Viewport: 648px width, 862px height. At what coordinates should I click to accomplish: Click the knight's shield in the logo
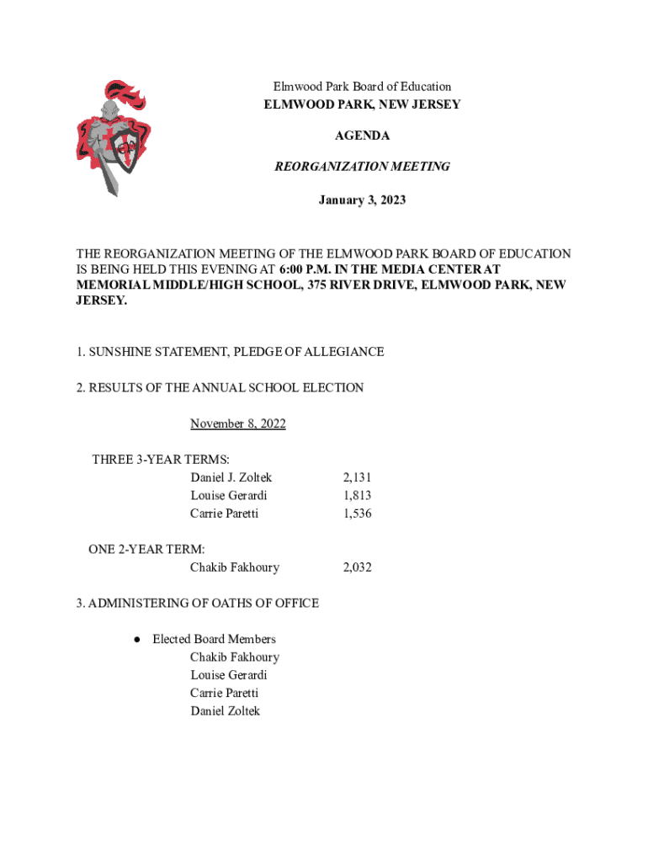pos(126,152)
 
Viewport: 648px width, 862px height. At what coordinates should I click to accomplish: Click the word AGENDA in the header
pos(362,136)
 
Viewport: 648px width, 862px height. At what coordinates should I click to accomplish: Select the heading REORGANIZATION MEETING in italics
pos(362,167)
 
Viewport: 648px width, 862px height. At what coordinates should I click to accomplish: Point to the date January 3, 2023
pos(362,200)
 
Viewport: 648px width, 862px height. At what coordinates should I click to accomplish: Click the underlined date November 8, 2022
pos(237,423)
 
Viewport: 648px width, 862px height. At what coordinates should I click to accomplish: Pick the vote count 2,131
pos(357,477)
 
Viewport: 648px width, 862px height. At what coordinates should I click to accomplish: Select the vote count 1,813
pos(357,495)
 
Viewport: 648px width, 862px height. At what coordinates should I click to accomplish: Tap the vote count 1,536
pos(357,513)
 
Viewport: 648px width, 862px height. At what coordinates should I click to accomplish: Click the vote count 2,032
pos(357,567)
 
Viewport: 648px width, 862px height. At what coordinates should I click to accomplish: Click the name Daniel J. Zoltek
pos(231,477)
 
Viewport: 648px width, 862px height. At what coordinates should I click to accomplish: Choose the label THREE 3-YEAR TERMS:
pos(149,460)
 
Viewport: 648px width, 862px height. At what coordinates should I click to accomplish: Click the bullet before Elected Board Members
pos(135,640)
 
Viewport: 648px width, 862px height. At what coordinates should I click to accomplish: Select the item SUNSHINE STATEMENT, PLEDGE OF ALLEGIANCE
pos(230,352)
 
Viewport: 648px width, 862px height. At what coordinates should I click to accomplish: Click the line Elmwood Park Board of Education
pos(362,87)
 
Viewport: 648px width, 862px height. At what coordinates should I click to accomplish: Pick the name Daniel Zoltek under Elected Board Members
pos(225,711)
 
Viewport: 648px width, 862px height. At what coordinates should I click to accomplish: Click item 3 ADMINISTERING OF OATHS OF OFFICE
pos(197,603)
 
